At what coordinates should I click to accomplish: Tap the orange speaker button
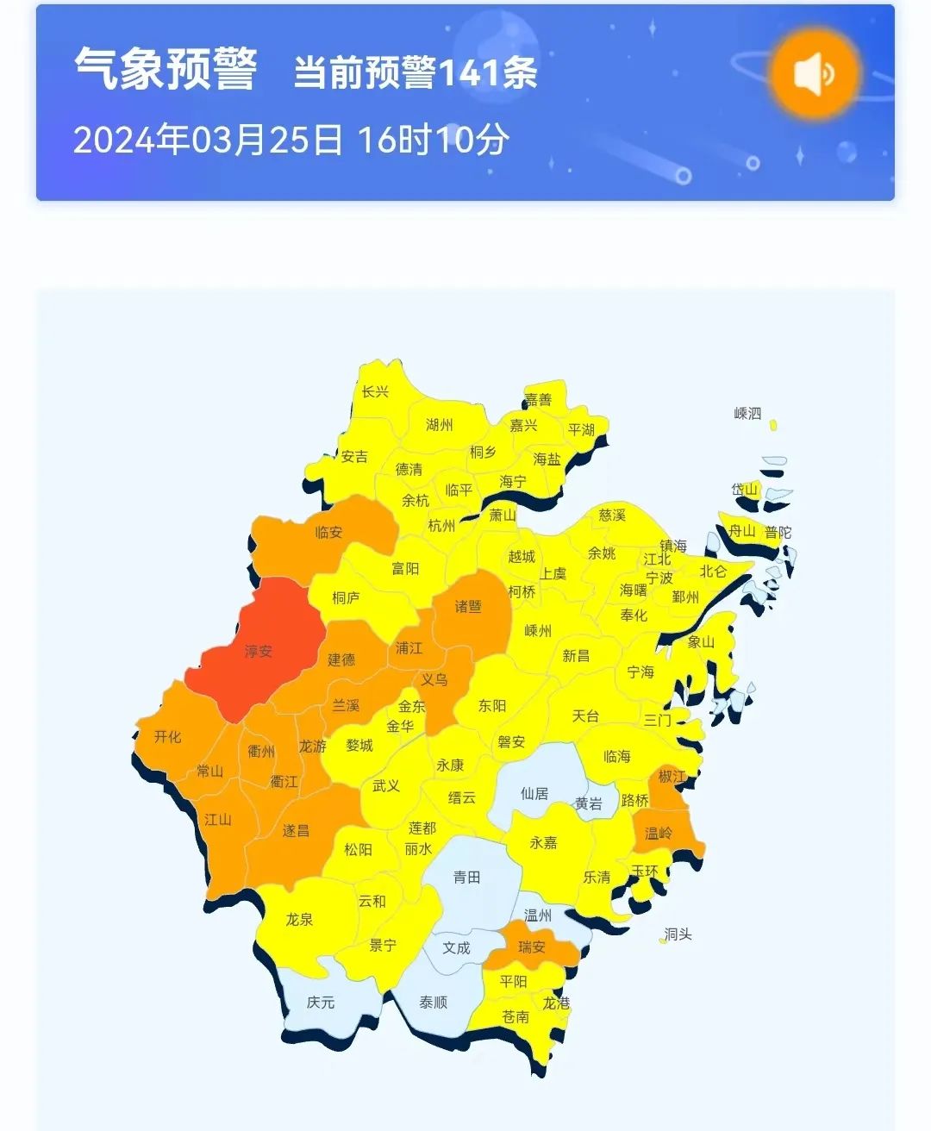coord(815,73)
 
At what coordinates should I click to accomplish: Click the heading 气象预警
coord(166,69)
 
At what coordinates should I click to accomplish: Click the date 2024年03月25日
coord(208,140)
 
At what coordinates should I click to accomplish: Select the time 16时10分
coord(434,140)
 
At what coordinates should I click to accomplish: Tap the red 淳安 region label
coord(259,651)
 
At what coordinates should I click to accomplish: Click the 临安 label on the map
coord(328,532)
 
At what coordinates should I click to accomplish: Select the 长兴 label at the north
coord(375,391)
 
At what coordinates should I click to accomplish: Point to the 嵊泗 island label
coord(747,413)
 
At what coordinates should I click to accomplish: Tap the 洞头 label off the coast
coord(678,934)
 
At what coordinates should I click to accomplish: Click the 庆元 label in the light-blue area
coord(321,1003)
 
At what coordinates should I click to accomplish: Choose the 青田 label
coord(466,877)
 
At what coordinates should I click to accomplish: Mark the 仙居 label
coord(534,793)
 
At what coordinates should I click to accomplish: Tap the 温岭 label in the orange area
coord(659,833)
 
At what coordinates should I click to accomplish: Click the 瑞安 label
coord(532,947)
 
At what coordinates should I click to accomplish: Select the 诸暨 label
coord(468,606)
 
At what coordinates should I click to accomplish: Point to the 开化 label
coord(168,736)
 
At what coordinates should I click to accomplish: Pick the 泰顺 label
coord(433,1003)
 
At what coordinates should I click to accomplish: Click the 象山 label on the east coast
coord(701,642)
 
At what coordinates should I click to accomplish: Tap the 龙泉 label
coord(299,919)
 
